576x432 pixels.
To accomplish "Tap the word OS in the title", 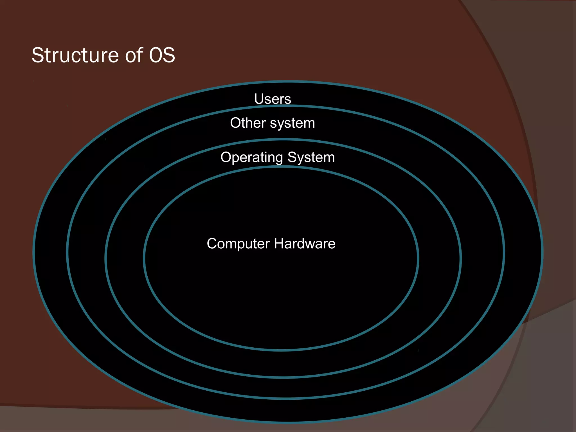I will coord(162,55).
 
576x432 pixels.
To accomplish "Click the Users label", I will coord(273,99).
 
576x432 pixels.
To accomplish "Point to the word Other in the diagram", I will coord(248,123).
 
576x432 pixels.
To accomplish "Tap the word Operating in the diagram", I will coord(252,157).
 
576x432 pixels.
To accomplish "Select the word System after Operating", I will coord(311,157).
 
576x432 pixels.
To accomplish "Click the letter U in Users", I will coord(259,99).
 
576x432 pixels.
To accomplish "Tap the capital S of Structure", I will coord(38,55).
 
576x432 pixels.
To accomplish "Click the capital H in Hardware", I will coord(279,244).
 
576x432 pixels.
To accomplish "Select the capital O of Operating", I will coord(226,157).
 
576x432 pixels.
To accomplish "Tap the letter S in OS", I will coord(169,55).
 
